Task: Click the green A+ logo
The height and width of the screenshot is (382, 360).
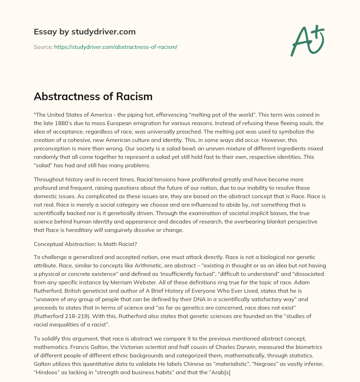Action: point(307,40)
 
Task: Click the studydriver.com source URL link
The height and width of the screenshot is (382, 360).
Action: point(116,47)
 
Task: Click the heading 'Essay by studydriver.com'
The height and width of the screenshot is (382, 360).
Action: point(85,32)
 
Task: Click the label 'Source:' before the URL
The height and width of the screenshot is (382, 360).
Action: point(43,47)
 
